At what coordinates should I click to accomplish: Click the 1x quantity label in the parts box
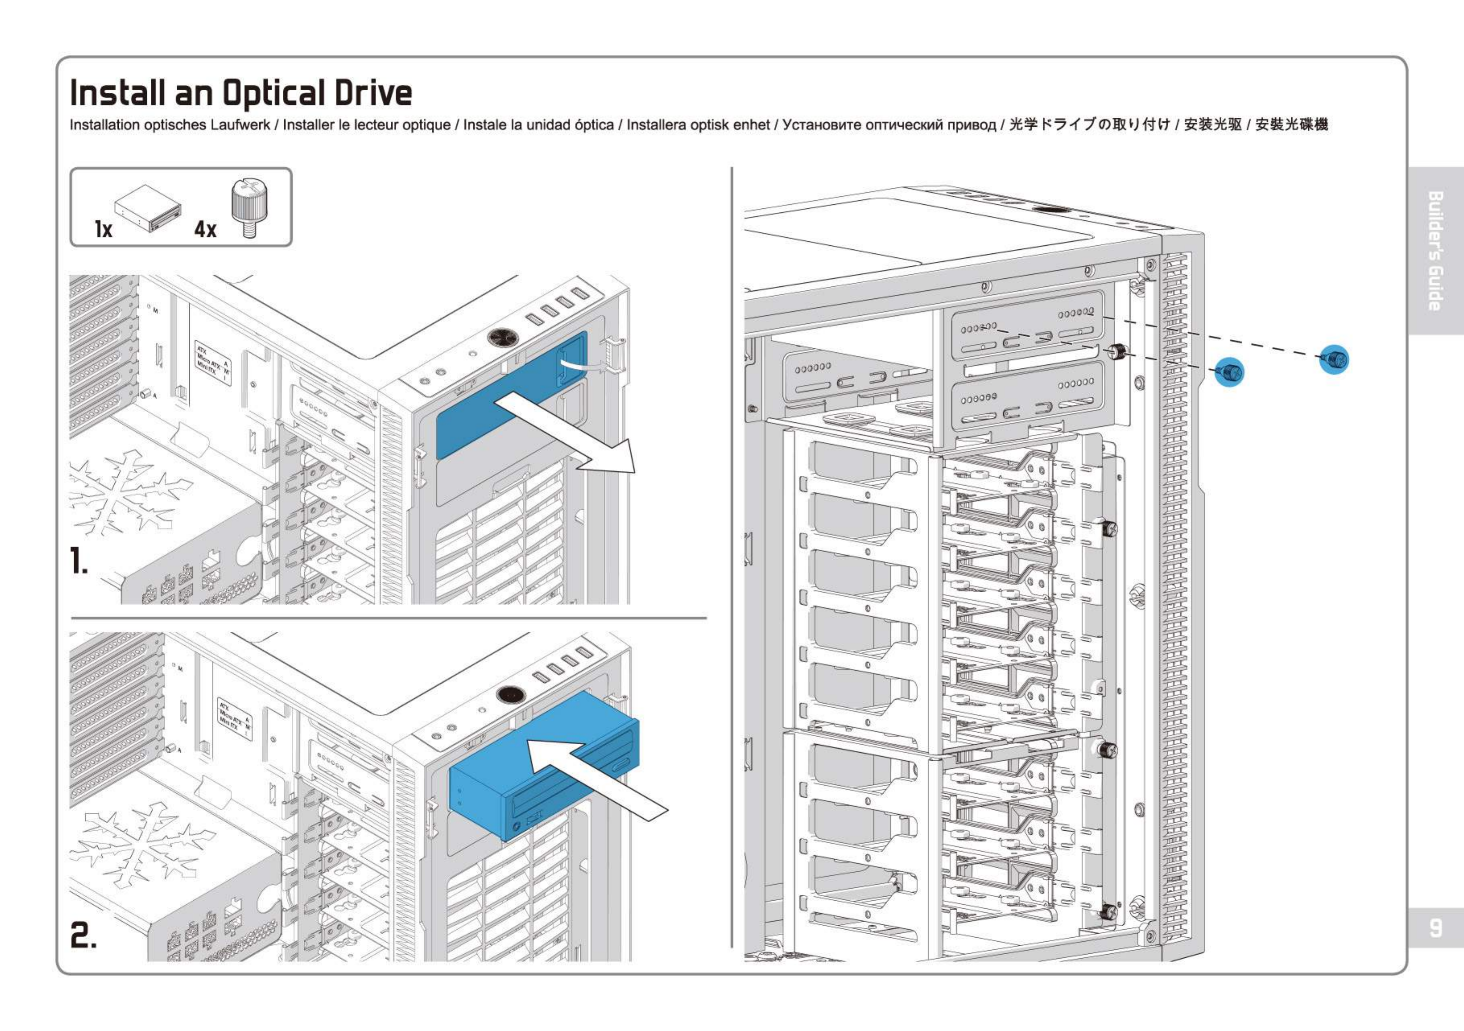pyautogui.click(x=103, y=229)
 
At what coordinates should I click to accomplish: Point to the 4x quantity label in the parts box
pyautogui.click(x=205, y=229)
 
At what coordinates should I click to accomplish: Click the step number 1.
pyautogui.click(x=79, y=562)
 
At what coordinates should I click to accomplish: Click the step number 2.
pyautogui.click(x=83, y=935)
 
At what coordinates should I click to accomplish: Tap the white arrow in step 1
pyautogui.click(x=567, y=433)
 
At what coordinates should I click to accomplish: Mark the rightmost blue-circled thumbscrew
pyautogui.click(x=1334, y=360)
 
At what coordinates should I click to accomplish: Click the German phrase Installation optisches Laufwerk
pyautogui.click(x=169, y=125)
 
